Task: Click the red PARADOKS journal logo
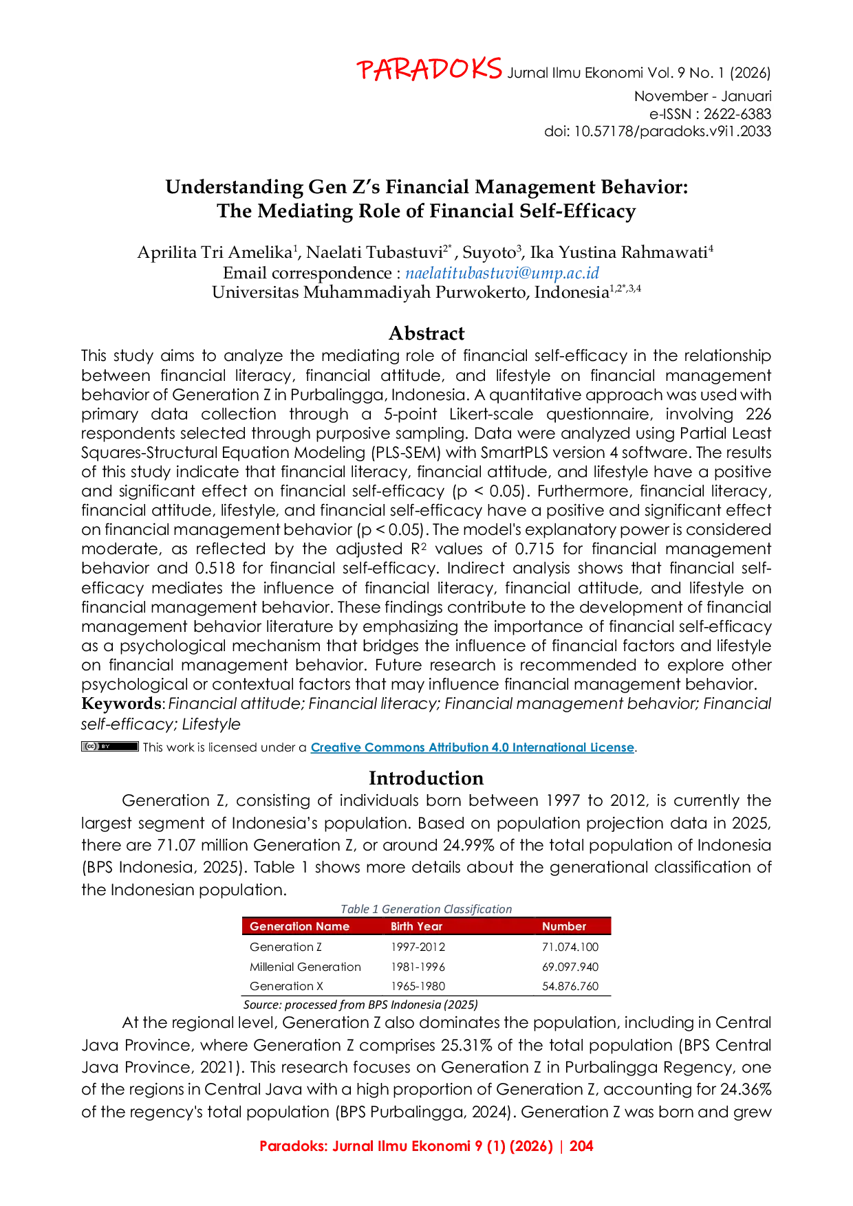point(429,69)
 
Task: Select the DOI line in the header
point(658,131)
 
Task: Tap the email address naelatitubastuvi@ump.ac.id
point(502,273)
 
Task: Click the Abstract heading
point(426,333)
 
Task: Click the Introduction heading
point(426,778)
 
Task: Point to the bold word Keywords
point(120,703)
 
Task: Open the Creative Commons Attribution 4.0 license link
point(473,747)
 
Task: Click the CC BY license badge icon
point(110,746)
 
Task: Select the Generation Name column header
point(299,926)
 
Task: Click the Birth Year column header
point(416,926)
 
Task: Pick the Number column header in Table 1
point(564,926)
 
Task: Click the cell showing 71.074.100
point(570,947)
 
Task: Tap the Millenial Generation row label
point(305,967)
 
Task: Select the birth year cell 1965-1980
point(418,986)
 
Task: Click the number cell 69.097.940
point(570,967)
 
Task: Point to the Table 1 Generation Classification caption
point(426,909)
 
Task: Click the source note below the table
point(360,1005)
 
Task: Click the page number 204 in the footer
point(581,1146)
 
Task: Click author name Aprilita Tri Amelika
point(215,252)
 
